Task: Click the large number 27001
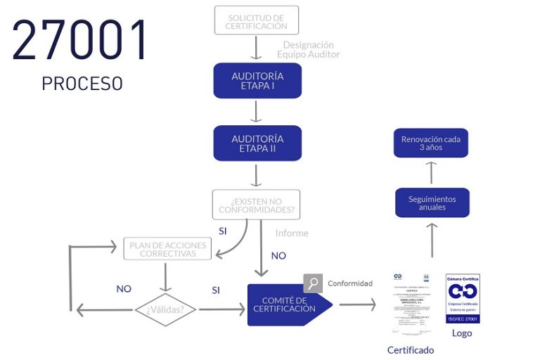[x=81, y=39]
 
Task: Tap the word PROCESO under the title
[x=82, y=84]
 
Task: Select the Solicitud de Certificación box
[x=256, y=20]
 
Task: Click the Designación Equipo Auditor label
[x=308, y=50]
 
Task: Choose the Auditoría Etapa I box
[x=257, y=81]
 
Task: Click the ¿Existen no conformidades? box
[x=256, y=205]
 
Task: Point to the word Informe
[x=291, y=233]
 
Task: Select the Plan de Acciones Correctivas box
[x=166, y=249]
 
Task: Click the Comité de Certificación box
[x=285, y=304]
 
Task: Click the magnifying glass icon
[x=313, y=283]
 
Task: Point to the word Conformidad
[x=349, y=283]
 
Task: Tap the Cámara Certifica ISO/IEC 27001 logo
[x=463, y=299]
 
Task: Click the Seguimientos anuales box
[x=432, y=202]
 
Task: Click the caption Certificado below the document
[x=411, y=350]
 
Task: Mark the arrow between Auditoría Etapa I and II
[x=257, y=112]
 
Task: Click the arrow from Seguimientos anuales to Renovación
[x=432, y=173]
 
